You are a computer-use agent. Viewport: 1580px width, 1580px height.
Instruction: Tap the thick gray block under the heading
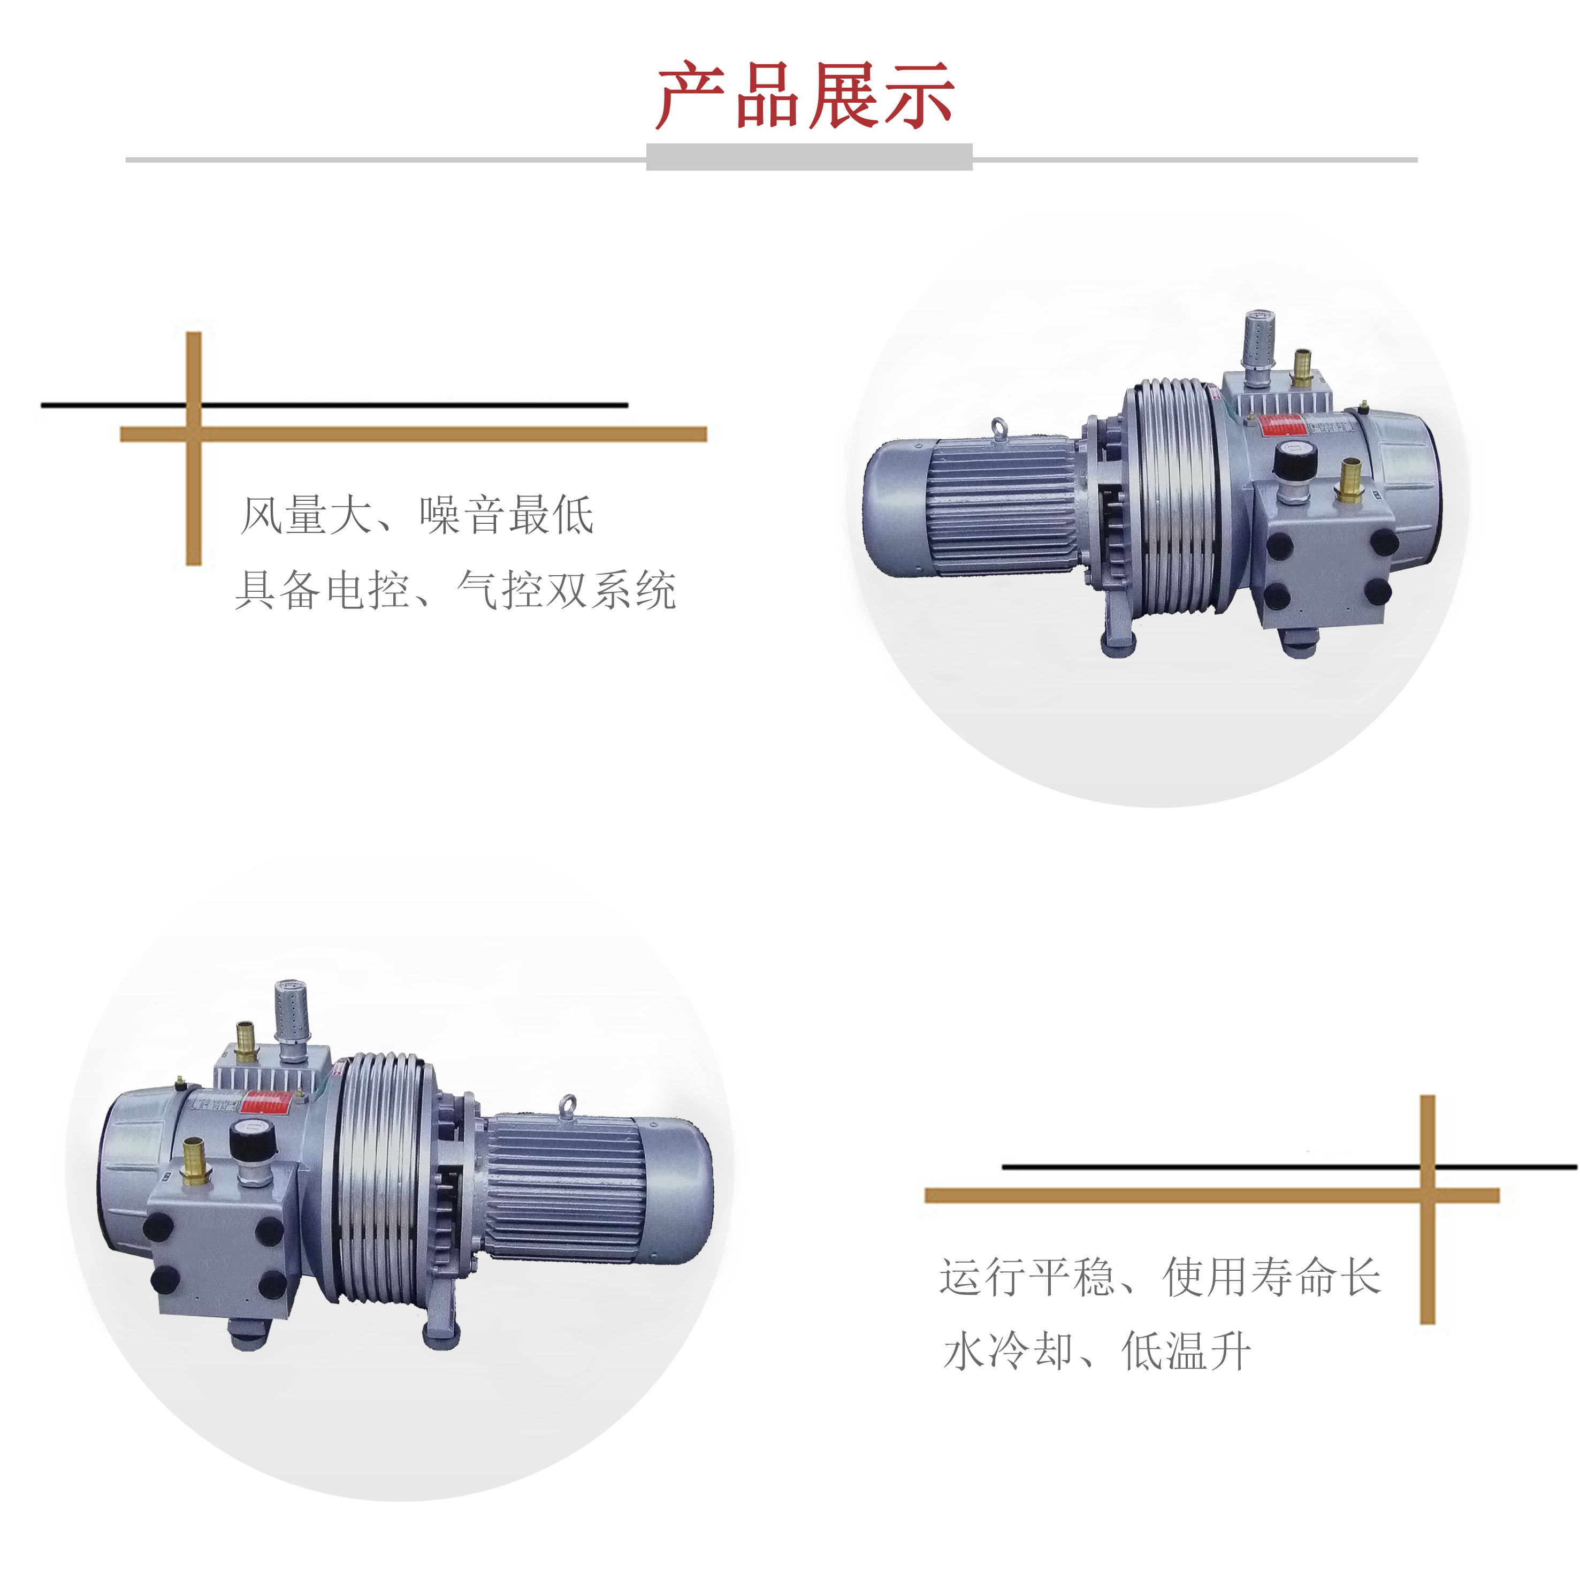(809, 157)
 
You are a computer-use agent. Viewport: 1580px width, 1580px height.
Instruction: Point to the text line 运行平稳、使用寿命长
(1159, 1277)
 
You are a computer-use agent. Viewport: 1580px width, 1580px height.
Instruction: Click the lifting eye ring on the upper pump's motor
(999, 429)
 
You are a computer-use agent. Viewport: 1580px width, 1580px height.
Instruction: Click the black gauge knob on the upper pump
(1291, 461)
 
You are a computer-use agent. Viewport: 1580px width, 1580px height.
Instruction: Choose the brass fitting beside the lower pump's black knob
(194, 1159)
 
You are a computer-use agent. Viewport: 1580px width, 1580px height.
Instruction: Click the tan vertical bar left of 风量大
(194, 448)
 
